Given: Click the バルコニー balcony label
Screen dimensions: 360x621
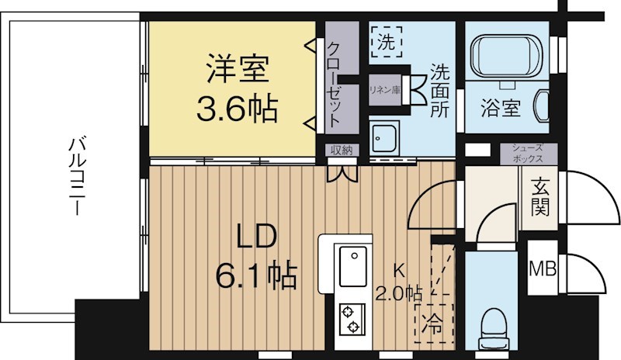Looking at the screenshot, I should coord(75,177).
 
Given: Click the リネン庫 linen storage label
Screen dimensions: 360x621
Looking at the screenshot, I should coord(384,89).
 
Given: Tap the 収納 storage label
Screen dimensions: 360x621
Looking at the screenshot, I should coord(340,150).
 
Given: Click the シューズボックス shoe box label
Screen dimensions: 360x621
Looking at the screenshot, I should coord(529,153).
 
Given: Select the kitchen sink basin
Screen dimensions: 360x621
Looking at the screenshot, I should coord(352,268).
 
